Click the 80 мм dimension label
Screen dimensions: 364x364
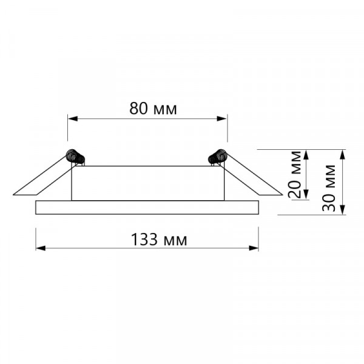point(153,109)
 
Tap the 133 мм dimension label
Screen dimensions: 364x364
point(159,240)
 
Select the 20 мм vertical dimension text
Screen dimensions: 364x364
point(294,174)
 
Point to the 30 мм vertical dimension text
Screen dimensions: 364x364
point(329,188)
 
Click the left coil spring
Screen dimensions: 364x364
point(75,157)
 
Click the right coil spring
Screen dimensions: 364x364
point(218,157)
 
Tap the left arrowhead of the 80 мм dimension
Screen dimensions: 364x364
point(73,119)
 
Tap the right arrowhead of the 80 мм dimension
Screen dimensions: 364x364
point(221,119)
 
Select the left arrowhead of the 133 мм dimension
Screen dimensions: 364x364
point(41,248)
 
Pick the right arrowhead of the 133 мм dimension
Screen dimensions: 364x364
point(254,248)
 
